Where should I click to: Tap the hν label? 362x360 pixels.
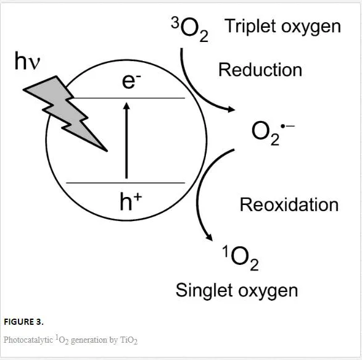pos(27,61)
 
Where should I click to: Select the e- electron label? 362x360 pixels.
pos(131,81)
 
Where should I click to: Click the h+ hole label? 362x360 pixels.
pos(131,202)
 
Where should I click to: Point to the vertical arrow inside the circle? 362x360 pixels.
pos(126,140)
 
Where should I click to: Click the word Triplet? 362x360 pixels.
pos(251,27)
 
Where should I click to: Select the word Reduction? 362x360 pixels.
pos(260,70)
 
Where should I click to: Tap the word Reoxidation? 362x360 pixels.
pos(289,204)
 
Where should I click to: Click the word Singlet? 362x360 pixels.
pos(205,290)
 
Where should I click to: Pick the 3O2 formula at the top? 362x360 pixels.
pos(190,29)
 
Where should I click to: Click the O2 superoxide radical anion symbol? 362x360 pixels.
pos(273,133)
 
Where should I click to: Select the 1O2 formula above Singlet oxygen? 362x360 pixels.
pos(240,258)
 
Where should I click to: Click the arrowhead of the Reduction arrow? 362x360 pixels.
pos(231,109)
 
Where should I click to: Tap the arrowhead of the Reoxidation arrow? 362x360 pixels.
pos(209,237)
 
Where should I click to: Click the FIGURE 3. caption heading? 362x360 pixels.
pos(23,322)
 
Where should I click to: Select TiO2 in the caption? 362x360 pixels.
pos(129,340)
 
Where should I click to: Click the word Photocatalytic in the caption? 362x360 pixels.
pos(28,340)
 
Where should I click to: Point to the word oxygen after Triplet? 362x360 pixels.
pos(311,27)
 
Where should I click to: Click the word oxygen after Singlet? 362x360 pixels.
pos(268,291)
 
